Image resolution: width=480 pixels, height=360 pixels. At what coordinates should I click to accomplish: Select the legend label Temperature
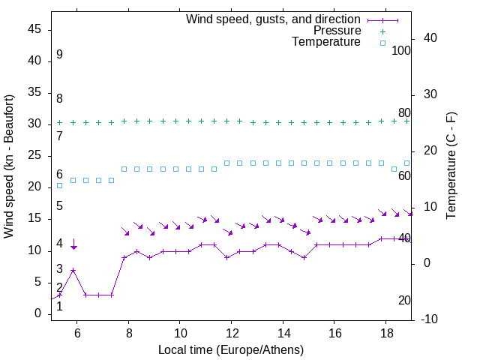tap(326, 42)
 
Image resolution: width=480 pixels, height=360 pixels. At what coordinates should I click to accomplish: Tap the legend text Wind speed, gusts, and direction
tap(273, 19)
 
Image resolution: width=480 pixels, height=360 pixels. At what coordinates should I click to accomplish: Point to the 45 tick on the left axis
tap(34, 29)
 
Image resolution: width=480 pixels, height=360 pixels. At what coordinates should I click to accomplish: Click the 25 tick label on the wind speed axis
tap(34, 155)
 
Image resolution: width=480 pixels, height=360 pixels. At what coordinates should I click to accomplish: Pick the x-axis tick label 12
tap(232, 331)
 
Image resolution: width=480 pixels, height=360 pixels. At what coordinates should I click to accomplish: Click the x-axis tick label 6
tap(77, 331)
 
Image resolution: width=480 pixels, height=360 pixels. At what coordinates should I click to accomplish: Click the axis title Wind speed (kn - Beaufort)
tap(10, 166)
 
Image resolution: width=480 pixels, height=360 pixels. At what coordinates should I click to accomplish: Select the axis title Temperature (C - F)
tap(451, 166)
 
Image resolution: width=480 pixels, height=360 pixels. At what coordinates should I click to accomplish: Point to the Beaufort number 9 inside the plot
tap(59, 55)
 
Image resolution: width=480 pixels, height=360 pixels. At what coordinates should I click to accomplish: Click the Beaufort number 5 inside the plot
tap(59, 206)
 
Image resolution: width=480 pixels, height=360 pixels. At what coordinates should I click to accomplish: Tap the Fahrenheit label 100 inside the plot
tap(401, 51)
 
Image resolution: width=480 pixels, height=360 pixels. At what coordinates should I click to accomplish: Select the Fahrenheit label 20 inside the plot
tap(404, 301)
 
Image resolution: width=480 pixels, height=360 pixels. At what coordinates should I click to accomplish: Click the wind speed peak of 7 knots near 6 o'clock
tap(73, 270)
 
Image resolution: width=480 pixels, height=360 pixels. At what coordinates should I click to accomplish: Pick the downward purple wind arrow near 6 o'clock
tap(73, 243)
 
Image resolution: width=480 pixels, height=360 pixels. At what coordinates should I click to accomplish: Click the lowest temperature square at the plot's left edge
tap(59, 185)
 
